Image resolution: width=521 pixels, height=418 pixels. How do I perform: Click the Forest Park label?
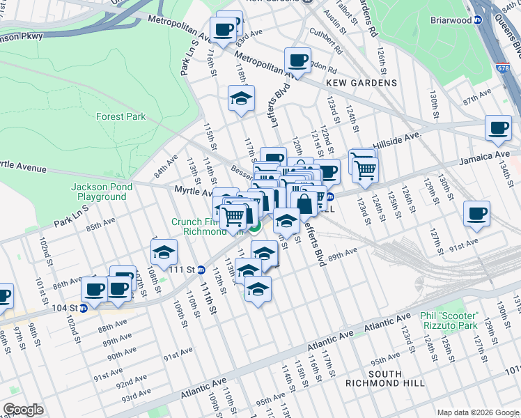121,116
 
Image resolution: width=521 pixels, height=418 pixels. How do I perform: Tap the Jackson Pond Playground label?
99,192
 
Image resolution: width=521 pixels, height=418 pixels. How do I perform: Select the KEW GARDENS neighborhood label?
361,83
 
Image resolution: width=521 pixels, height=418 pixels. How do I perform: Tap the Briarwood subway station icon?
478,20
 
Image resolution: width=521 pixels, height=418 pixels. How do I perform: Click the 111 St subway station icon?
201,270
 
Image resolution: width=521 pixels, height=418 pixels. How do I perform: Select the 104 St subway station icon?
83,307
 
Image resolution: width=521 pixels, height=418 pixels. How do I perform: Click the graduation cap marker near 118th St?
241,98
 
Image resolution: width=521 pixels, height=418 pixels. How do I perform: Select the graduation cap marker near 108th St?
164,251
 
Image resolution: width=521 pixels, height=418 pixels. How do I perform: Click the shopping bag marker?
304,204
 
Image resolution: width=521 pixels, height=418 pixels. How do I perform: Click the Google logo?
24,410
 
